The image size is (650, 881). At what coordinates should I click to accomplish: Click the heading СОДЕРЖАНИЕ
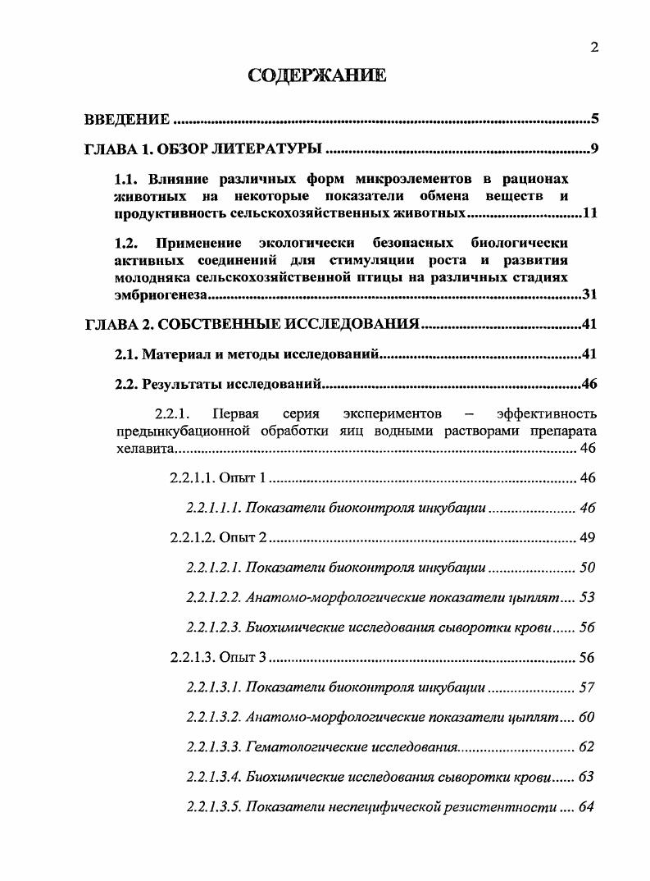click(316, 77)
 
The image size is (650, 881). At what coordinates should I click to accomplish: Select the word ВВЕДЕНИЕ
click(127, 120)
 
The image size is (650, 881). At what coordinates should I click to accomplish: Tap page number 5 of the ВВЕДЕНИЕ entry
click(595, 120)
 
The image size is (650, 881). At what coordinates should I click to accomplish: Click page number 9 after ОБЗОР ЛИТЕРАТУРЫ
click(595, 149)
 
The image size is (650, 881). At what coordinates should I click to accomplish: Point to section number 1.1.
click(127, 179)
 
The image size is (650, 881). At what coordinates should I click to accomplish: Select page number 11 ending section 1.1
click(589, 215)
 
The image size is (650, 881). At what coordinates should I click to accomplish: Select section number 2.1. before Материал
click(126, 354)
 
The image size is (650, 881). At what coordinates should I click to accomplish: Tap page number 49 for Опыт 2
click(587, 538)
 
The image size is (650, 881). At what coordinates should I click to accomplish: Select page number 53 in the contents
click(587, 597)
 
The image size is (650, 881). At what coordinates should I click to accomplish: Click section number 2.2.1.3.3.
click(214, 747)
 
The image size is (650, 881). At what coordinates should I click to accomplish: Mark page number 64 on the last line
click(587, 807)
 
